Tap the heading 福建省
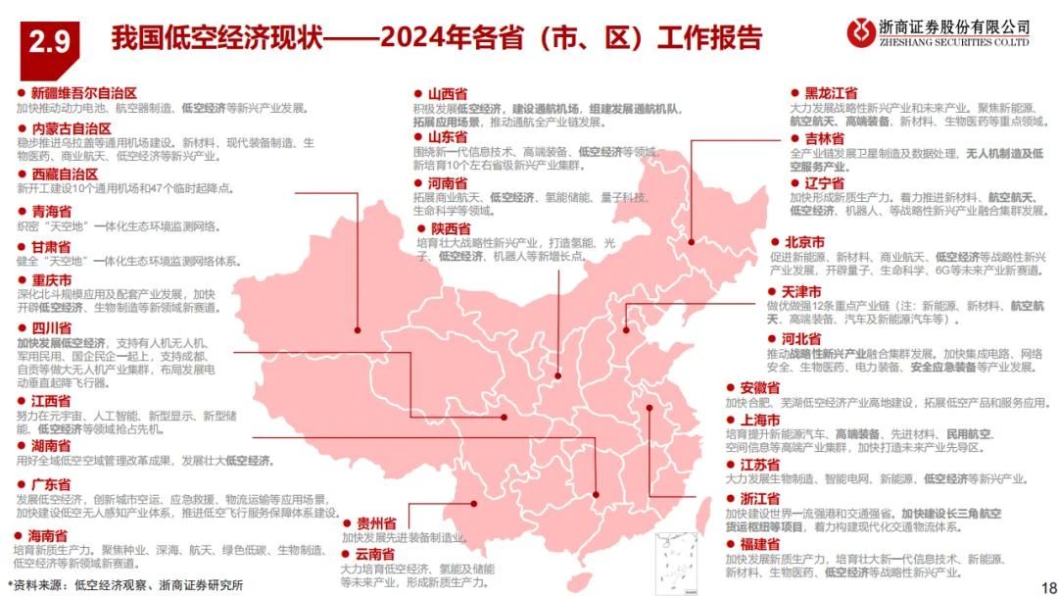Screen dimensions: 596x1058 pyautogui.click(x=760, y=543)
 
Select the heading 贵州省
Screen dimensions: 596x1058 pyautogui.click(x=376, y=522)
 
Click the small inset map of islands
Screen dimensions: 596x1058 pyautogui.click(x=675, y=558)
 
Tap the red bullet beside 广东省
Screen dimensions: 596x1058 pyautogui.click(x=21, y=484)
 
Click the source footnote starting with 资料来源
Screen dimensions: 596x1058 pyautogui.click(x=124, y=585)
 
